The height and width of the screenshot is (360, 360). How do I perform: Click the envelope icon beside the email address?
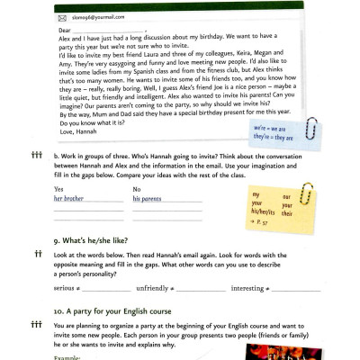(63, 16)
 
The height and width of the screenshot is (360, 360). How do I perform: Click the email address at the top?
(95, 16)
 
